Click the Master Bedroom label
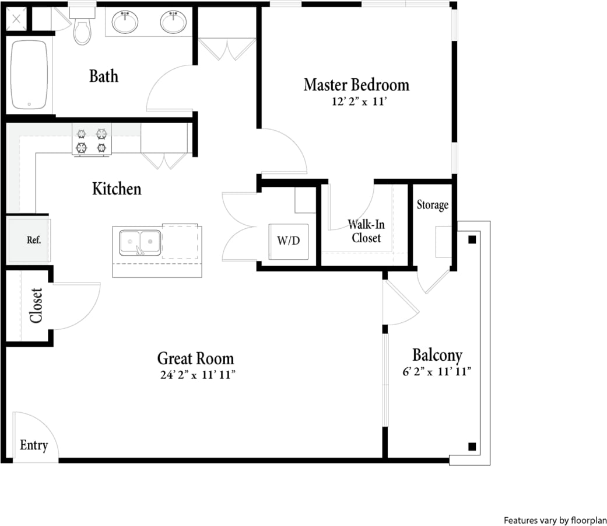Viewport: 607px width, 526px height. [x=356, y=85]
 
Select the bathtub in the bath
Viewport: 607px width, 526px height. [x=29, y=74]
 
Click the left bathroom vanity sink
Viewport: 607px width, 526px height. [x=125, y=23]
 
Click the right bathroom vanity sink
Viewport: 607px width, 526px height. [x=173, y=23]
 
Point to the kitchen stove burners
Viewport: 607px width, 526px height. [x=92, y=141]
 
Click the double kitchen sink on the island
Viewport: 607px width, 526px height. [x=140, y=242]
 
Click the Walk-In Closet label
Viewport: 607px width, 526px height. [x=366, y=231]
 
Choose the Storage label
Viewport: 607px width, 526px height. [x=433, y=205]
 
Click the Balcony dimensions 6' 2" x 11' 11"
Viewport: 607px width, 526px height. [x=437, y=372]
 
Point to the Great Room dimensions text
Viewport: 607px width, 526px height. [x=197, y=375]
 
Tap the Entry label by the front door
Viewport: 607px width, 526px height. [x=34, y=445]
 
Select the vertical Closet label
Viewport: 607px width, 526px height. [x=36, y=305]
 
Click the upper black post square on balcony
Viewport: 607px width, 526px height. [x=472, y=239]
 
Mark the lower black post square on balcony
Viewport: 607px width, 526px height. [x=472, y=447]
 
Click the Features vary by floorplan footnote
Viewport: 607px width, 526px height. [x=555, y=520]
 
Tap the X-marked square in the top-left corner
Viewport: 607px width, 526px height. [x=16, y=19]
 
